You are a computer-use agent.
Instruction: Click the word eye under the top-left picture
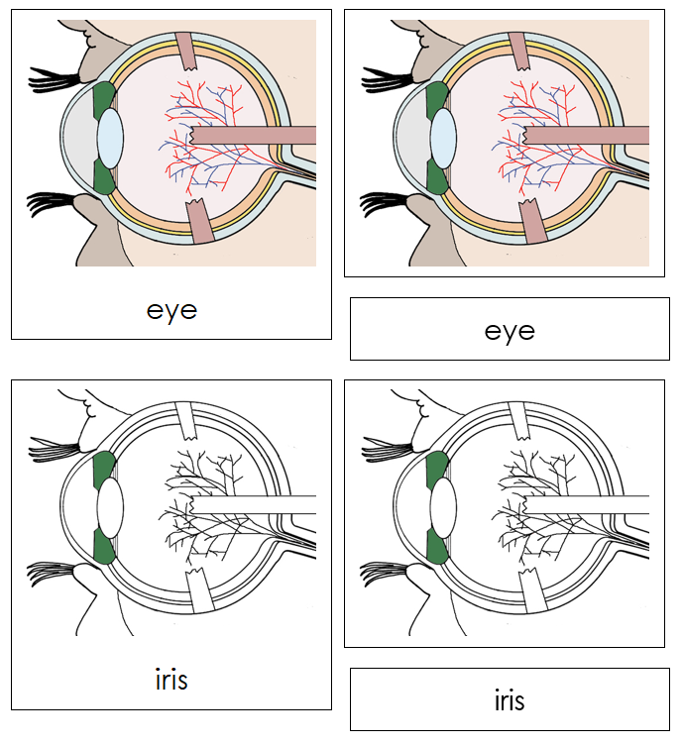(171, 309)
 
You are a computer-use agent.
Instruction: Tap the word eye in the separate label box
(510, 330)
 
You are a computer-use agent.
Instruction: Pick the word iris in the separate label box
(510, 700)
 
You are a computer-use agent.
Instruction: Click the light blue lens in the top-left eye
(110, 138)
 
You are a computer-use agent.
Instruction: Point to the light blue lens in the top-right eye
(443, 138)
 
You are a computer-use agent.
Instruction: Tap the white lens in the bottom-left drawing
(110, 506)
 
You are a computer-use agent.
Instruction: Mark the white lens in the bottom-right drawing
(443, 506)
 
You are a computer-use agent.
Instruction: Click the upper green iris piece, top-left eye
(103, 100)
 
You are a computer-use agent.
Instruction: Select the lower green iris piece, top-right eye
(435, 176)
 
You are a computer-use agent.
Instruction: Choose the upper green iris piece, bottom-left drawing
(103, 469)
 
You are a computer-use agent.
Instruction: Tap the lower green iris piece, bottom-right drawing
(435, 545)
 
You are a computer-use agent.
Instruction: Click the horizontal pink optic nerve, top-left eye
(253, 136)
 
